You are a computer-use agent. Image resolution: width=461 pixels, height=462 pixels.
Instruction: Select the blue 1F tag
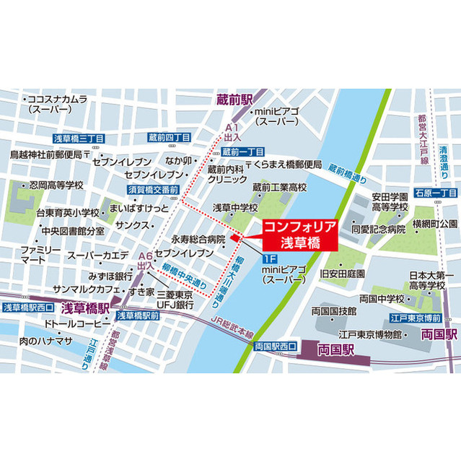pos(268,258)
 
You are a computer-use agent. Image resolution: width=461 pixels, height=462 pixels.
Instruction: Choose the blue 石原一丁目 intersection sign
pos(437,193)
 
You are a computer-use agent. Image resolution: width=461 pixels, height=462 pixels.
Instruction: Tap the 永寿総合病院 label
pos(198,239)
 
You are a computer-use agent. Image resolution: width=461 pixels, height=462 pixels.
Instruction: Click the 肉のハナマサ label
pos(48,340)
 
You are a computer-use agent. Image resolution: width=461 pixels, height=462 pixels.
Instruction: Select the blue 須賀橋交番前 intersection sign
pos(153,189)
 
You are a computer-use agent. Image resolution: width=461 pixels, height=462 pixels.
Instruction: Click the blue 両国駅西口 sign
pos(276,346)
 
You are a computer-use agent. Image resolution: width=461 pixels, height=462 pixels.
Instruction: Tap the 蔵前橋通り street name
pos(347,171)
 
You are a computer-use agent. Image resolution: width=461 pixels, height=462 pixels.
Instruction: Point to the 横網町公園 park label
pos(434,223)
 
